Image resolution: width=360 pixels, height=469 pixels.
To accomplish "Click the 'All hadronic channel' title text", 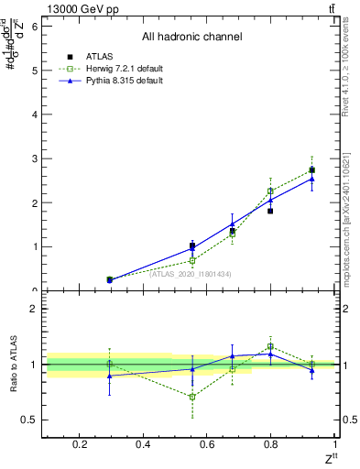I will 191,38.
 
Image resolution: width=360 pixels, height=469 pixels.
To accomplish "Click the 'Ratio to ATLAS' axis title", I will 12,364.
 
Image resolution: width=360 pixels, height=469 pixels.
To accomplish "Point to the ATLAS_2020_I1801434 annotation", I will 191,274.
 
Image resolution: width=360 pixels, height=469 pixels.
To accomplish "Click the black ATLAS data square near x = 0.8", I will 270,211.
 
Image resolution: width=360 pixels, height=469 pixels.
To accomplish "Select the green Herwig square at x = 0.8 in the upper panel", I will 270,191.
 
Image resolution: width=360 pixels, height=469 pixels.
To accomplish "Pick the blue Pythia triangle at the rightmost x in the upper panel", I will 311,179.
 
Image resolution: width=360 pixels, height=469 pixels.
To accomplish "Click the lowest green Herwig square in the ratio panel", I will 192,397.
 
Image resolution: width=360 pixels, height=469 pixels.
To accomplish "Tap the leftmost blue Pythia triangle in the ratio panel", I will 110,376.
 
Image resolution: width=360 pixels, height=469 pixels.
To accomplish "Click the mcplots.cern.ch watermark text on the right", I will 345,220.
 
